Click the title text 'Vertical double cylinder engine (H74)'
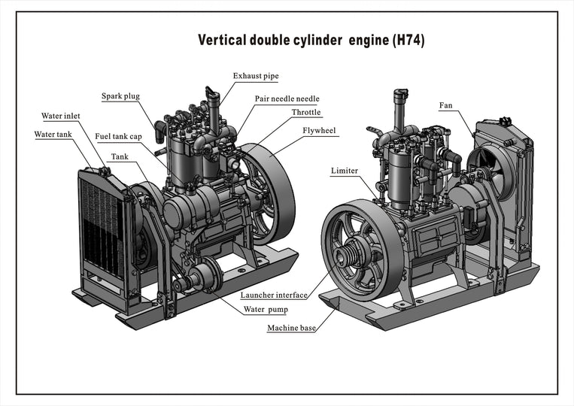311,41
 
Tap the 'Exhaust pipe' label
255,77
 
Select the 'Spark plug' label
120,96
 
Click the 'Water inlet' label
60,117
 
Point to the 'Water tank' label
53,135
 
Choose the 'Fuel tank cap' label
118,137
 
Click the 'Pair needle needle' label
287,98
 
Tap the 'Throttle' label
306,113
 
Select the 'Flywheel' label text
320,131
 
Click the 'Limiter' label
344,171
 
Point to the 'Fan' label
445,105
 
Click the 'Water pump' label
266,309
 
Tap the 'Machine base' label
291,328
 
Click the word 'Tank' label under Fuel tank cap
119,157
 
